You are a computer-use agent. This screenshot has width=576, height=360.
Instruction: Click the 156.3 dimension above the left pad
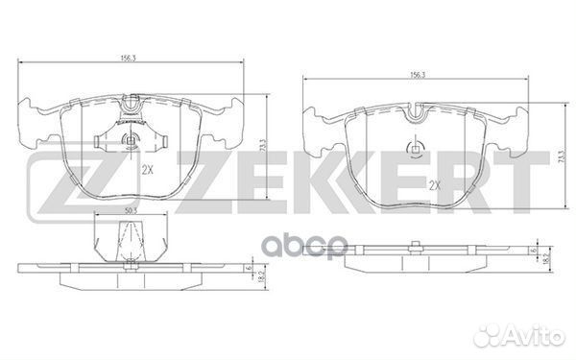[x=127, y=58]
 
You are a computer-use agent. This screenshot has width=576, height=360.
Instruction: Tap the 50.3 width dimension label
[x=128, y=211]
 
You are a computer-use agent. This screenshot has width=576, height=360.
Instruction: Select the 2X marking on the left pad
[x=147, y=170]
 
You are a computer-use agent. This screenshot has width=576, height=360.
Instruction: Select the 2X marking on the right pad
[x=435, y=186]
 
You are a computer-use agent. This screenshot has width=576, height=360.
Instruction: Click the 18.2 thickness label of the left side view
[x=260, y=276]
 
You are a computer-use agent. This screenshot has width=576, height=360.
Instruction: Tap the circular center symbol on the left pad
[x=130, y=140]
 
